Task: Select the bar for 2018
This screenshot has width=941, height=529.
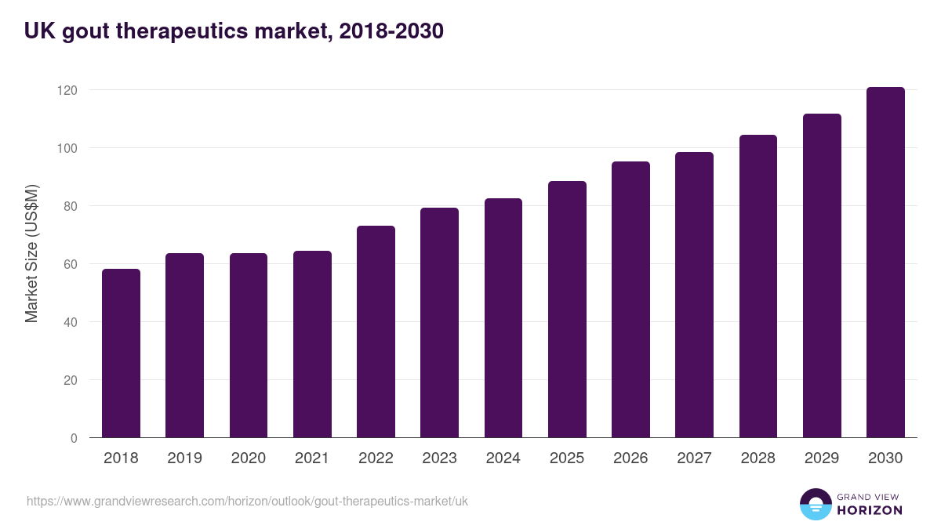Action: (121, 353)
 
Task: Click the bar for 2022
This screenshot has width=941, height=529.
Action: (376, 332)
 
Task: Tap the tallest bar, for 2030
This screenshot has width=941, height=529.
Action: (885, 263)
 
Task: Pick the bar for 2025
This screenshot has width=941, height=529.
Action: (567, 310)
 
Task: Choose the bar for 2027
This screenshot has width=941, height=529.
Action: (694, 295)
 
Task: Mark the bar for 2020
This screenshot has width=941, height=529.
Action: (249, 346)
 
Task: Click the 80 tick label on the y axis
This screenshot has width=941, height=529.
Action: (71, 206)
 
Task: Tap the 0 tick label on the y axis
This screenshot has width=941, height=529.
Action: (74, 438)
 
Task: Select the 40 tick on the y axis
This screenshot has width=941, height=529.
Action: (71, 322)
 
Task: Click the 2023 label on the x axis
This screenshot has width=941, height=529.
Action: (439, 458)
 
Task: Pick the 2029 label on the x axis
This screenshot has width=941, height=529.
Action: (822, 458)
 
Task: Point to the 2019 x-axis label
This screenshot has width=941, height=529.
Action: (184, 458)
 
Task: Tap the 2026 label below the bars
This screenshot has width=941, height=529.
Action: (630, 458)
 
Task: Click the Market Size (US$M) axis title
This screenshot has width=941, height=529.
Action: (31, 254)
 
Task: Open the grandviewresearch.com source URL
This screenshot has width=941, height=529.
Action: (247, 501)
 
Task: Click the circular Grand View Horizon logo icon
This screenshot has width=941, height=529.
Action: (815, 504)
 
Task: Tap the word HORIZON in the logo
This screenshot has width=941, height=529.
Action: (870, 510)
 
